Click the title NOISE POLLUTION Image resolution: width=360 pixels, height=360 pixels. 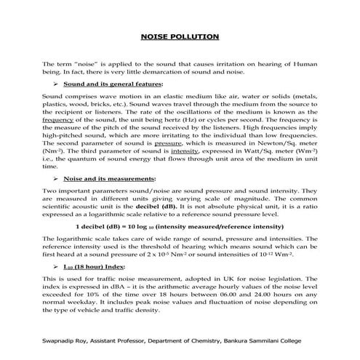pos(180,36)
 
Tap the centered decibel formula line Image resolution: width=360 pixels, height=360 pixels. pos(180,225)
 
